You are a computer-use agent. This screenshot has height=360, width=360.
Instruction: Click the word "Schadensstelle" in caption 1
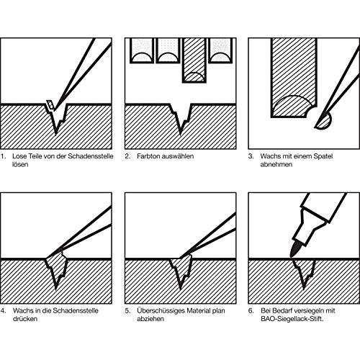click(91, 156)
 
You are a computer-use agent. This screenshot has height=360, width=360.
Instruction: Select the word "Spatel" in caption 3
click(323, 156)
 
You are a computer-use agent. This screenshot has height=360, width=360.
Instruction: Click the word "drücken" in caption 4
click(25, 319)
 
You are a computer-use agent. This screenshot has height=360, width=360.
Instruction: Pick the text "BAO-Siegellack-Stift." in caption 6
click(292, 319)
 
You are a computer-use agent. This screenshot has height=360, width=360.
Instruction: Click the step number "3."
click(251, 156)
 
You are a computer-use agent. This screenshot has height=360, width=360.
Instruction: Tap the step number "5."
click(127, 310)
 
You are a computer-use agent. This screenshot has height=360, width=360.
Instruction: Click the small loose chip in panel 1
click(50, 105)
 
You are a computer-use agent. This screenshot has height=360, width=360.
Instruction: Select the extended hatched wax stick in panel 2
click(194, 60)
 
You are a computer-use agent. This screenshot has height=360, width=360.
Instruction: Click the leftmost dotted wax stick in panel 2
click(142, 50)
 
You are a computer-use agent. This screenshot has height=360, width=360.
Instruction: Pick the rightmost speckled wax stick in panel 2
click(220, 50)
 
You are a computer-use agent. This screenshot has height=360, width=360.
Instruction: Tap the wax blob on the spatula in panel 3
click(325, 122)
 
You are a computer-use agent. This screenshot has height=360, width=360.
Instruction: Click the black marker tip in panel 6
click(294, 250)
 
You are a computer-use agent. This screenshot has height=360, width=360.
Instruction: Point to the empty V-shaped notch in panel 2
click(181, 117)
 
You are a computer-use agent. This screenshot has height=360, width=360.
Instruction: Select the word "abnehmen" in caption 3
click(276, 164)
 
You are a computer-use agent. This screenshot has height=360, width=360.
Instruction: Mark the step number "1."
click(3, 156)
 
